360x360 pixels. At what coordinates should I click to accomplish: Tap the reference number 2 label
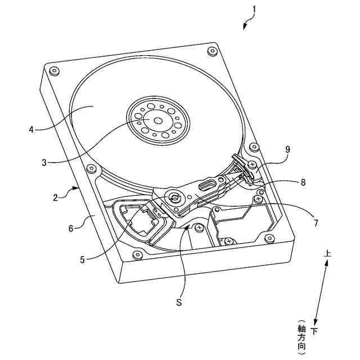(x=56, y=197)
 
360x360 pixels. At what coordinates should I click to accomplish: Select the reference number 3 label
(x=44, y=163)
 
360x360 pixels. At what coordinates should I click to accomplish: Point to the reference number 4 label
(x=31, y=129)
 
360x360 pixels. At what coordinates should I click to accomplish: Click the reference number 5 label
(x=82, y=259)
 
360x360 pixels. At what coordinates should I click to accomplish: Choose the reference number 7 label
(x=316, y=223)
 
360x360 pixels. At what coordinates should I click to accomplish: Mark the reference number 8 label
(x=303, y=182)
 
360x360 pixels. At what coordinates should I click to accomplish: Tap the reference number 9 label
(x=287, y=150)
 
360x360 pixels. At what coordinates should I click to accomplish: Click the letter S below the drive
(x=179, y=303)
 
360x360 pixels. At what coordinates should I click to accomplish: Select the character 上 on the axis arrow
(x=327, y=254)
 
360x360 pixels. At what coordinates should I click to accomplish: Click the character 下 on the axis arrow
(x=314, y=331)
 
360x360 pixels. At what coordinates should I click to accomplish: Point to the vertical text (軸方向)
(x=301, y=337)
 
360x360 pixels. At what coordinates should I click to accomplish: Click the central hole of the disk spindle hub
(x=157, y=120)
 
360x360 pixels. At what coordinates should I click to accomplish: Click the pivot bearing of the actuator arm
(x=174, y=198)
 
